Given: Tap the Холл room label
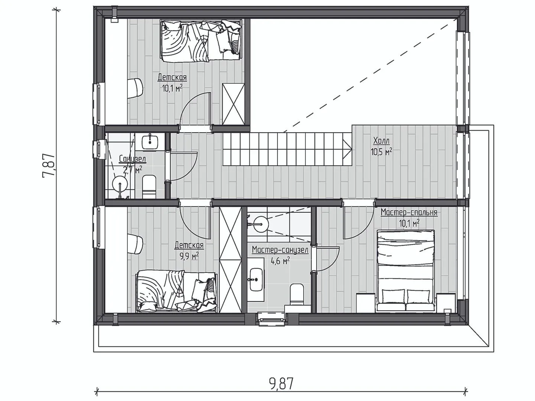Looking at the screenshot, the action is click(x=381, y=141).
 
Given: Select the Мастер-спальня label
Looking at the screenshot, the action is click(x=409, y=212).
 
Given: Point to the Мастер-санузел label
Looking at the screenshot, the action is click(x=280, y=250).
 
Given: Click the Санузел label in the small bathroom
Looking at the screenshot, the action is click(x=132, y=159).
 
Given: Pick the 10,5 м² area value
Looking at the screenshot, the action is click(x=382, y=152).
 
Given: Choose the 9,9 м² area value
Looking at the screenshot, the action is click(x=189, y=256).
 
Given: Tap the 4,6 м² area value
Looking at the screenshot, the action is click(x=280, y=261).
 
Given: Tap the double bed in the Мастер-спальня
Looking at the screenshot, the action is click(x=405, y=270).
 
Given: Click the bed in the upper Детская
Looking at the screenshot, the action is click(x=201, y=40).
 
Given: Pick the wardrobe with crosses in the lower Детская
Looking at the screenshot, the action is click(x=230, y=260).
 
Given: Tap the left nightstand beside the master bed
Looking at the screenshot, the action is click(x=365, y=303).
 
